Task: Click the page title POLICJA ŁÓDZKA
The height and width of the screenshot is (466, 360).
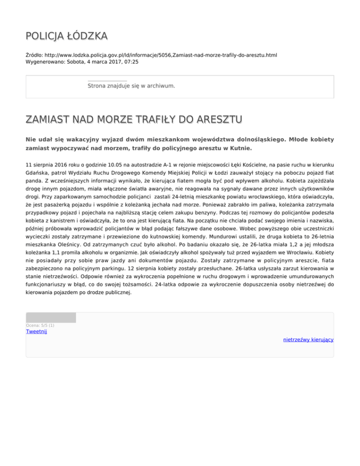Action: point(66,36)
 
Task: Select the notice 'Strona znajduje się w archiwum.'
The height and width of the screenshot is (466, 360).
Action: point(131,86)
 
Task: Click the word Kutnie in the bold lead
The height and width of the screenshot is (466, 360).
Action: point(239,149)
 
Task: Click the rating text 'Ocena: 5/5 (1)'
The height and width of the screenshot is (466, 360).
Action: point(40,325)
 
